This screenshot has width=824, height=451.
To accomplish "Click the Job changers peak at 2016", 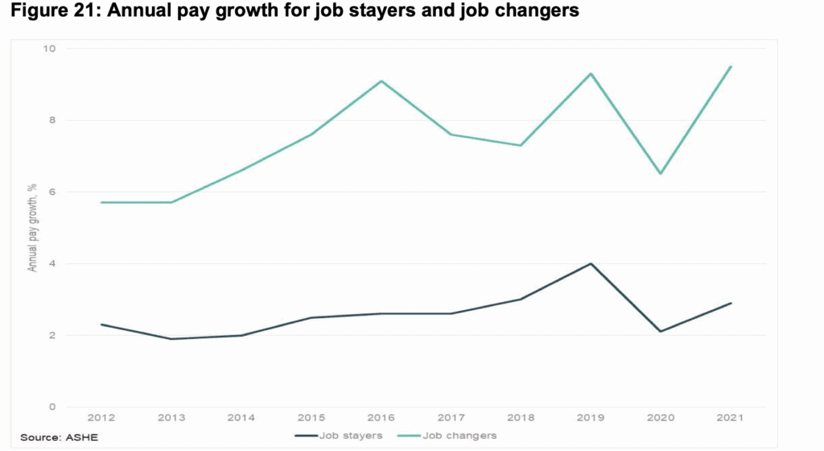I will pyautogui.click(x=381, y=81).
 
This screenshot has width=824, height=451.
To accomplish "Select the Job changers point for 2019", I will pyautogui.click(x=591, y=74).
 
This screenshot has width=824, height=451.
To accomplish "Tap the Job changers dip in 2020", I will pyautogui.click(x=661, y=174).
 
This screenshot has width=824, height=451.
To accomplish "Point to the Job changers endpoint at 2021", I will pyautogui.click(x=731, y=67).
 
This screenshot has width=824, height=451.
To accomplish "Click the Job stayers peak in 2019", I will pyautogui.click(x=591, y=263).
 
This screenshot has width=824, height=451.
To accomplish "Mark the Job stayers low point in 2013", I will pyautogui.click(x=171, y=339).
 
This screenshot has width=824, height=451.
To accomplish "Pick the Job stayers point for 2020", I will pyautogui.click(x=661, y=331).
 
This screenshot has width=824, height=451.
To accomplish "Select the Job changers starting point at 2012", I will pyautogui.click(x=102, y=202).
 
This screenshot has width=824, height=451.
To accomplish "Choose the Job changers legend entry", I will pyautogui.click(x=459, y=436).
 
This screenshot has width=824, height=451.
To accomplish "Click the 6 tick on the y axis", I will pyautogui.click(x=52, y=192).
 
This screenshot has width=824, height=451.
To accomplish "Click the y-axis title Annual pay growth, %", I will pyautogui.click(x=33, y=228).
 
